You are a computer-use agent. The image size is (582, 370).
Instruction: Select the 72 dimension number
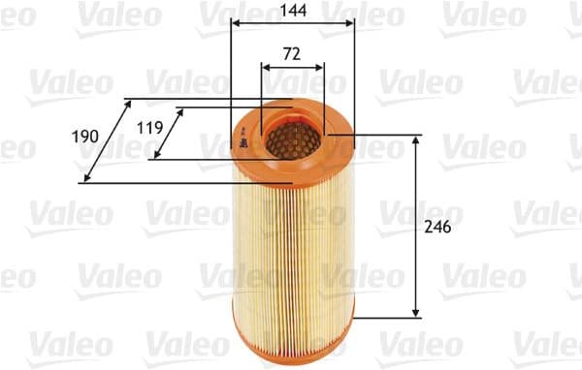click(x=291, y=54)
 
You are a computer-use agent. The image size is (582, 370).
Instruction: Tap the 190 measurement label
click(x=85, y=137)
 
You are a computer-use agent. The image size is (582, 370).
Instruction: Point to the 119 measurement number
click(x=148, y=126)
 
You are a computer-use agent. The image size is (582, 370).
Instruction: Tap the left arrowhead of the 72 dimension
click(x=266, y=68)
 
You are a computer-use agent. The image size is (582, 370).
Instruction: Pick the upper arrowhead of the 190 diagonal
click(x=129, y=102)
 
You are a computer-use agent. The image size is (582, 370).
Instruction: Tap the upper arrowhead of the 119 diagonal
click(x=180, y=111)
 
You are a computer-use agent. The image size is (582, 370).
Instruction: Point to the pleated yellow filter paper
click(x=293, y=242)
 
